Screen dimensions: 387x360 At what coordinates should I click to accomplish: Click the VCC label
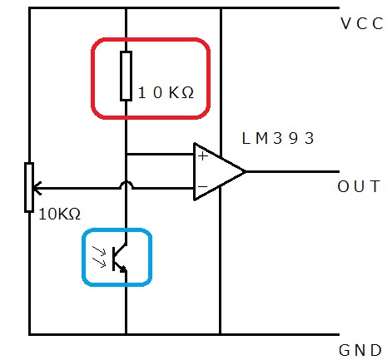[362, 23]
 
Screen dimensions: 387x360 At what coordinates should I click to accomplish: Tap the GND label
[360, 350]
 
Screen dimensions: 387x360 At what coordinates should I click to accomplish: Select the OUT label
[359, 186]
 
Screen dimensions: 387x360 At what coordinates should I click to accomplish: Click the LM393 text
[278, 138]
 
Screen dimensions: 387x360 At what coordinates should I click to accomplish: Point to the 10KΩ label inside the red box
[166, 92]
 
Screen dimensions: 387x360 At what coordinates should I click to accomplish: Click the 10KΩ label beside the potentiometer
[60, 215]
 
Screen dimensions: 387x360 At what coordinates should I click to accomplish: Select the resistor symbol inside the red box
[126, 76]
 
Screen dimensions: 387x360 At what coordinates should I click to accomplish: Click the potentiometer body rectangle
[29, 188]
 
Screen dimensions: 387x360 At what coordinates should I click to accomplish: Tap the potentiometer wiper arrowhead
[37, 189]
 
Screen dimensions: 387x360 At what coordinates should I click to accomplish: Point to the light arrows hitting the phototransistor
[99, 257]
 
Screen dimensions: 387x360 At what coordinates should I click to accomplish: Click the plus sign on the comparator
[203, 156]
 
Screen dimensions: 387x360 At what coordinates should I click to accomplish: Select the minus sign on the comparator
[203, 186]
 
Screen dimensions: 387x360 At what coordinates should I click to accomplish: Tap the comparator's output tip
[245, 172]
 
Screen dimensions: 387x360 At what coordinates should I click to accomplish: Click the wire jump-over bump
[127, 185]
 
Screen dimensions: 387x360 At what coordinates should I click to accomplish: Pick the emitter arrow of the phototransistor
[122, 269]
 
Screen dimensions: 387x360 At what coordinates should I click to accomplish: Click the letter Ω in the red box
[188, 93]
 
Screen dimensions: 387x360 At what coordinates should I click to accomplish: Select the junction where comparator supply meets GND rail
[221, 334]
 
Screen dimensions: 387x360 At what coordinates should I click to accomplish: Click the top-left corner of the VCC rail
[29, 8]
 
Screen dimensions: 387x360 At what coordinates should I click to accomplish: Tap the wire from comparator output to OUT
[292, 172]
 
